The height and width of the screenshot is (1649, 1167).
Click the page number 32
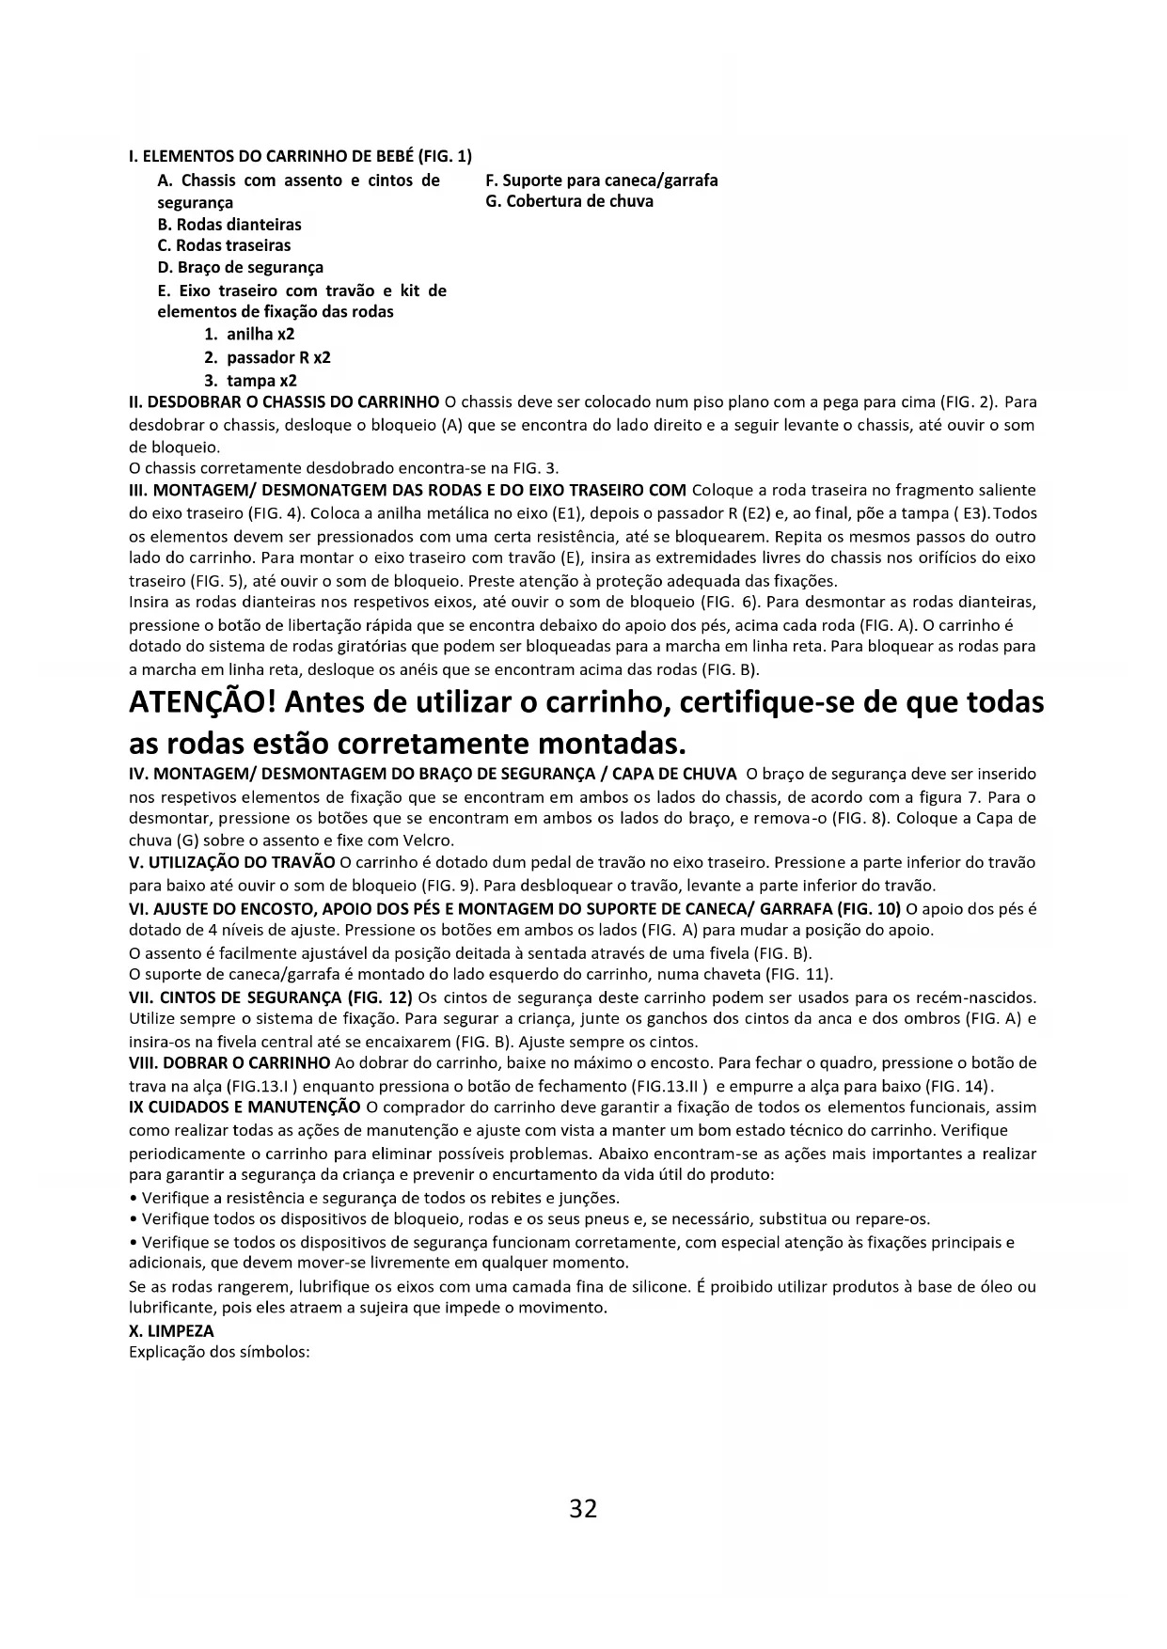pos(583,1509)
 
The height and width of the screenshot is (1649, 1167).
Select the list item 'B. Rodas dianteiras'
pos(229,225)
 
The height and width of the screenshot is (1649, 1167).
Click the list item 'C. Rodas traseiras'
pos(224,245)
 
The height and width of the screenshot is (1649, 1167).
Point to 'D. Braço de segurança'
pos(240,267)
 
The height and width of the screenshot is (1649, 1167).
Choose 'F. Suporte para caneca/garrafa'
pos(602,181)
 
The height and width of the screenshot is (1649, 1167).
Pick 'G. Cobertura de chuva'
pos(570,201)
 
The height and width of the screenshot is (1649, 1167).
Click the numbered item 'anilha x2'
pos(260,334)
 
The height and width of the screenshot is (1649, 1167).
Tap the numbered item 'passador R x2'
pos(278,357)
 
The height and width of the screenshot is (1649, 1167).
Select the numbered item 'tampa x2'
pos(261,381)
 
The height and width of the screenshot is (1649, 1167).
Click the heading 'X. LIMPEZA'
pos(171,1331)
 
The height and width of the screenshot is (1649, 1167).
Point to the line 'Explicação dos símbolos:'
pos(219,1353)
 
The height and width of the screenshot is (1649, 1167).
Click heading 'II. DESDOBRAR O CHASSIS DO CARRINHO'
pos(283,402)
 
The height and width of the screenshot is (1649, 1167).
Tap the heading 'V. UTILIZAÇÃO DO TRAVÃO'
pos(231,862)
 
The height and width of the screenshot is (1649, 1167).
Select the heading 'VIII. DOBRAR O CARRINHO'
pos(229,1063)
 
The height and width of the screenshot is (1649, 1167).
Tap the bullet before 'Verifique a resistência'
pos(133,1199)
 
